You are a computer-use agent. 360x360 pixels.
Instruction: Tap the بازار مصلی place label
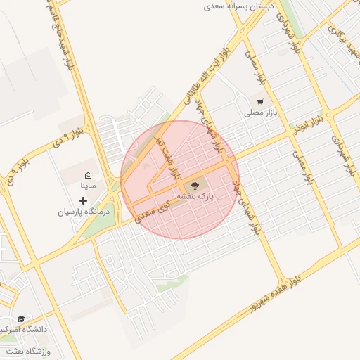pyautogui.click(x=262, y=112)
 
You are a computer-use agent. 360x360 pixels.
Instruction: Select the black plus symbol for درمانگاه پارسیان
pyautogui.click(x=83, y=201)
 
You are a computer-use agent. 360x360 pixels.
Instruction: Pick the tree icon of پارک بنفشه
pyautogui.click(x=195, y=186)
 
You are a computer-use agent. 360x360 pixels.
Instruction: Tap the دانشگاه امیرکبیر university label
pyautogui.click(x=26, y=329)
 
